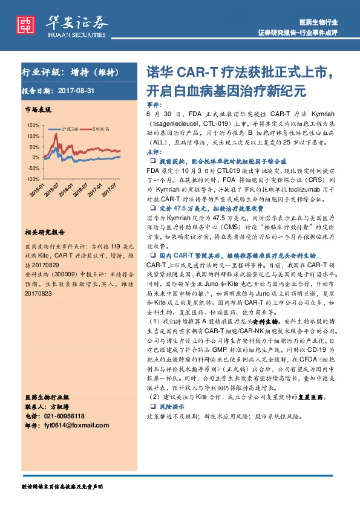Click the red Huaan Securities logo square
(x=25, y=23)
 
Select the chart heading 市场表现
(x=38, y=109)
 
